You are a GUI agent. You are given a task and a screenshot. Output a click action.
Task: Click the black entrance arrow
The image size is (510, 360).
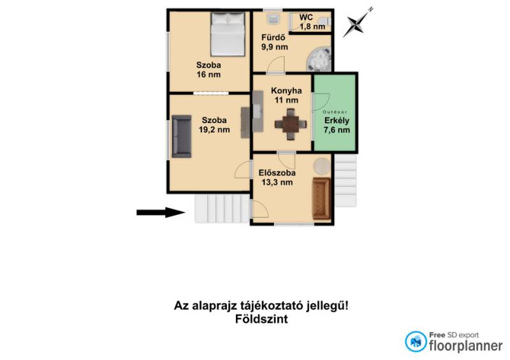pyautogui.click(x=161, y=212)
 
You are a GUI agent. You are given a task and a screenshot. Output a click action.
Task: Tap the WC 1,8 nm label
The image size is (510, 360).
pyautogui.click(x=312, y=22)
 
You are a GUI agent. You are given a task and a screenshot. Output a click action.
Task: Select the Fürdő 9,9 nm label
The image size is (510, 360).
pyautogui.click(x=275, y=42)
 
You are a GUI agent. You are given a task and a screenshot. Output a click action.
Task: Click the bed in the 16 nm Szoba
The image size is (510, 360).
pyautogui.click(x=228, y=34)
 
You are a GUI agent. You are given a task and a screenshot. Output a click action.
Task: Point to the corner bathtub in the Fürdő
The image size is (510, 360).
pyautogui.click(x=319, y=59)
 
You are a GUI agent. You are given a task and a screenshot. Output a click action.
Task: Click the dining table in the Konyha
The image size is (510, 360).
pyautogui.click(x=291, y=124)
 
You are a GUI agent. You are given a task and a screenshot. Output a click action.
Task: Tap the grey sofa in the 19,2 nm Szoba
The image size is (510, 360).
pyautogui.click(x=182, y=136)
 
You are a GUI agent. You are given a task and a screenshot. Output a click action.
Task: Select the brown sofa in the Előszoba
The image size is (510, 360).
pyautogui.click(x=321, y=198)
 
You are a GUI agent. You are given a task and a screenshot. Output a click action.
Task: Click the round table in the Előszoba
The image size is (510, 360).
pyautogui.click(x=322, y=166)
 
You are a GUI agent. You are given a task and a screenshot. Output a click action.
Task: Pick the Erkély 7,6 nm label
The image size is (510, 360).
pyautogui.click(x=337, y=125)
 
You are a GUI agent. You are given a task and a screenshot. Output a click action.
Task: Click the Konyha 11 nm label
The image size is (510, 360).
pyautogui.click(x=286, y=96)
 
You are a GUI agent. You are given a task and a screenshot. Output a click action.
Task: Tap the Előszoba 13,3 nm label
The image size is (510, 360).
pyautogui.click(x=277, y=178)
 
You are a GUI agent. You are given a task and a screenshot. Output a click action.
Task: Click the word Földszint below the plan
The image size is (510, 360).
pyautogui.click(x=261, y=319)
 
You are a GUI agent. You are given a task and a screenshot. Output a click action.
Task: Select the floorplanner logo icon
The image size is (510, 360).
pyautogui.click(x=416, y=342)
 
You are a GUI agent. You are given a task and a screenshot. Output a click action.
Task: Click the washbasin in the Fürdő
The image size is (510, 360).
pyautogui.click(x=273, y=18)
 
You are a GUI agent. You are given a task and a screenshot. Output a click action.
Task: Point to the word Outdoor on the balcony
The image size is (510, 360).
pyautogui.click(x=335, y=112)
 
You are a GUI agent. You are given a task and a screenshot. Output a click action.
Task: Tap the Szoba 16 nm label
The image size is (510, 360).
pyautogui.click(x=208, y=69)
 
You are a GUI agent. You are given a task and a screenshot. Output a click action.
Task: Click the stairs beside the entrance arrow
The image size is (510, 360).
pyautogui.click(x=222, y=208)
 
